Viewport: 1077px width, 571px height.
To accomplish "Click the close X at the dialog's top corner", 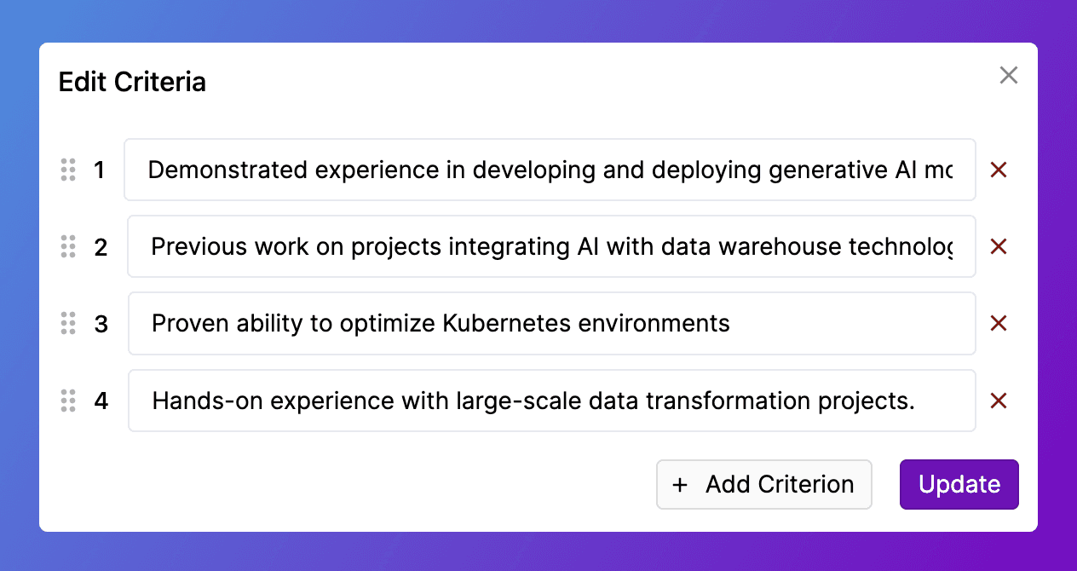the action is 1008,76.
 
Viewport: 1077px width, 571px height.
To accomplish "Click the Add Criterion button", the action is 764,484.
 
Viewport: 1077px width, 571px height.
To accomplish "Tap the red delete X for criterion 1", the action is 999,170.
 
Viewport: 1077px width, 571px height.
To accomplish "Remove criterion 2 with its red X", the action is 999,247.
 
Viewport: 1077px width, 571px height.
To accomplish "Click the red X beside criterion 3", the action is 999,323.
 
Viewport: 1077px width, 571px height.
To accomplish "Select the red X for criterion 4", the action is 999,401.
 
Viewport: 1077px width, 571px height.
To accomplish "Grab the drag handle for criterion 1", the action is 68,170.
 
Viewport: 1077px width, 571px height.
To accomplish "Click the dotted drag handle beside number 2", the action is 68,247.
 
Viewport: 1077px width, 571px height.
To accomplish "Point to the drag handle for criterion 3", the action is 68,323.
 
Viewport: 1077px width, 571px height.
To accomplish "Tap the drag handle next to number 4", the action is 68,401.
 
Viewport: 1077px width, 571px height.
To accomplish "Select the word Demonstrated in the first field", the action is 227,170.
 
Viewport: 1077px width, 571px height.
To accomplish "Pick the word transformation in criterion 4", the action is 728,401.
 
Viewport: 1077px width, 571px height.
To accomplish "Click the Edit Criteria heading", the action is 132,82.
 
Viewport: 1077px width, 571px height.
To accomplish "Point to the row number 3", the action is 101,324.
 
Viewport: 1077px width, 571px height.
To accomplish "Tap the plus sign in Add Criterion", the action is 680,485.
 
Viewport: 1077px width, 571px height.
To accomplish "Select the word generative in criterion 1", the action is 828,170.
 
